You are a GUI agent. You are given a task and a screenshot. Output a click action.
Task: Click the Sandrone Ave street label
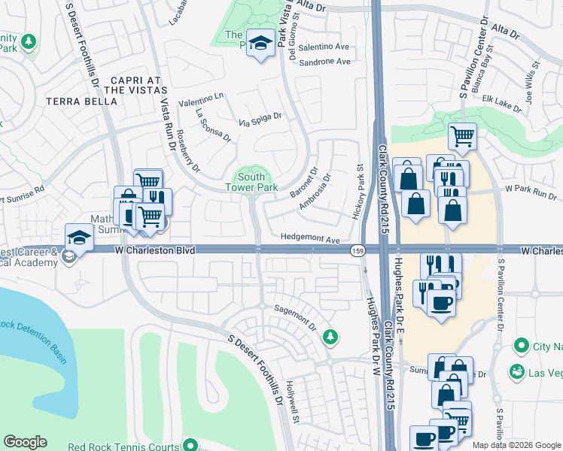[325, 62]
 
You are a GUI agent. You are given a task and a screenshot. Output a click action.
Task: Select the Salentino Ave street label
[325, 47]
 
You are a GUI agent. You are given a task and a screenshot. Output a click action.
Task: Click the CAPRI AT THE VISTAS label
[135, 85]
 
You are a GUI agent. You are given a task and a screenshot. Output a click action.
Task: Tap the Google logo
[25, 442]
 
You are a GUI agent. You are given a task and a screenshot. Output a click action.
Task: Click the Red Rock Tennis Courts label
[123, 446]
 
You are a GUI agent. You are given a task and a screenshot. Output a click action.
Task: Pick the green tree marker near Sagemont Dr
[330, 337]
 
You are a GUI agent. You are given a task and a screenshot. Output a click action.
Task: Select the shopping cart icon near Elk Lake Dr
[462, 137]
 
